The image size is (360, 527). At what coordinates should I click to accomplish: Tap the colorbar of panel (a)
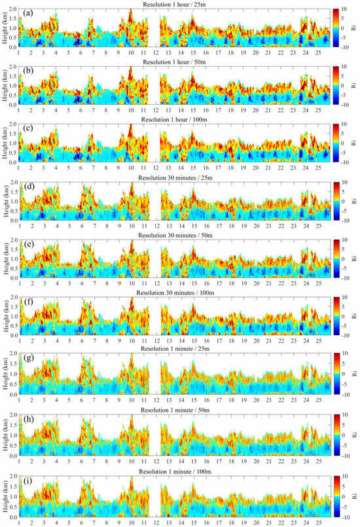click(336, 27)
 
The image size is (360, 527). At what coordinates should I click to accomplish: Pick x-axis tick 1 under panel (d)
click(20, 227)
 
